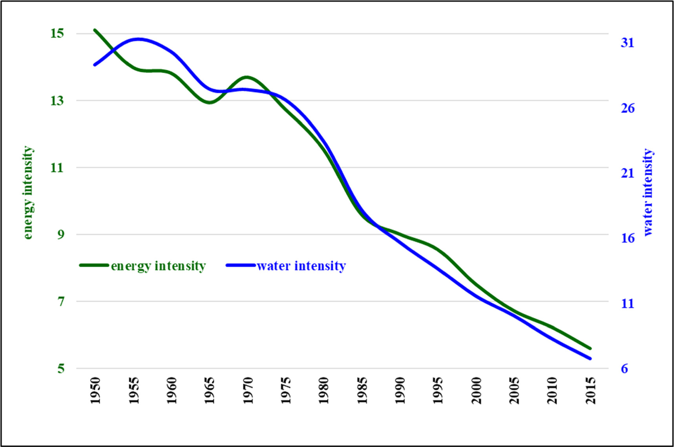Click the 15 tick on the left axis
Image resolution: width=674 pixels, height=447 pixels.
click(57, 33)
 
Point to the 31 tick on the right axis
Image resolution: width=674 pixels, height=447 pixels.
click(627, 42)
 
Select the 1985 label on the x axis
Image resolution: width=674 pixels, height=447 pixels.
click(362, 390)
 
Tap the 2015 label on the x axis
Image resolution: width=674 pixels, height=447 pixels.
click(590, 390)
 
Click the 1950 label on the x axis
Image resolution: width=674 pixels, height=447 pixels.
click(95, 390)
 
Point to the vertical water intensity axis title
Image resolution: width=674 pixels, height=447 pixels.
click(648, 192)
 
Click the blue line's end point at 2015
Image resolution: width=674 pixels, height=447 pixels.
click(590, 358)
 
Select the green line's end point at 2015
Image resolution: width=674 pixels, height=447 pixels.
click(590, 348)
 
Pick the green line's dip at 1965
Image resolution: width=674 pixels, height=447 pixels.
click(210, 103)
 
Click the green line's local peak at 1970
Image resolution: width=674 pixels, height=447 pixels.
click(247, 77)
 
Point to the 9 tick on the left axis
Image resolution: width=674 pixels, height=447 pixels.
click(60, 234)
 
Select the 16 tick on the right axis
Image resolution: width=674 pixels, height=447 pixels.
click(627, 238)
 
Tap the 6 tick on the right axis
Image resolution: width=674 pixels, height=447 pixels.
click(624, 368)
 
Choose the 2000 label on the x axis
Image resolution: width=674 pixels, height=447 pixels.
click(476, 390)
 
